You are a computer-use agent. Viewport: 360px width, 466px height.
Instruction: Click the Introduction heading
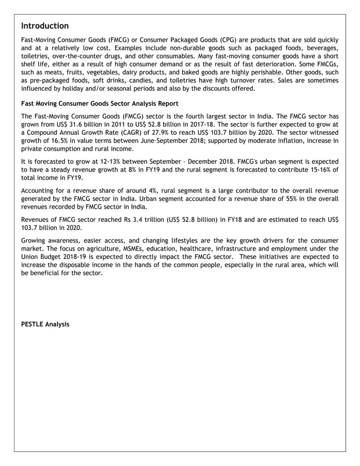[45, 26]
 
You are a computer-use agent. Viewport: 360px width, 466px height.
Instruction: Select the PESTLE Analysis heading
[45, 324]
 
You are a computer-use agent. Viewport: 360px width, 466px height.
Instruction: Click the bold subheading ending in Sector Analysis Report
[99, 104]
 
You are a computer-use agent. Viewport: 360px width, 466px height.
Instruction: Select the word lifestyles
[176, 240]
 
